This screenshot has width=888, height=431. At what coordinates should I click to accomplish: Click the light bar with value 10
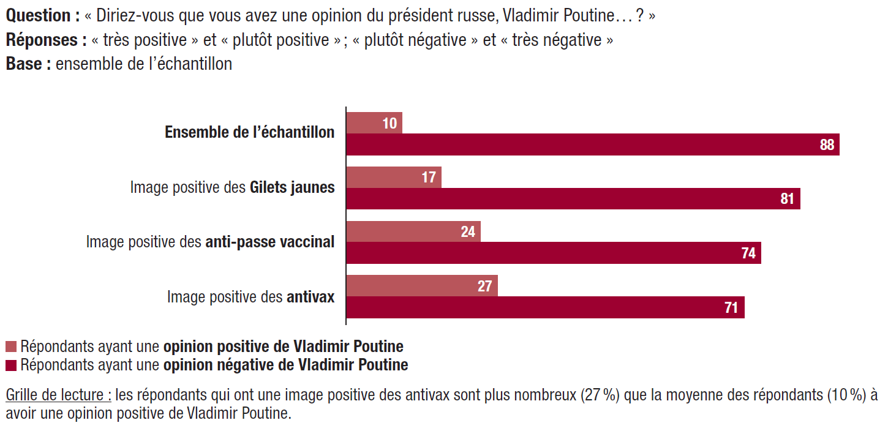(374, 123)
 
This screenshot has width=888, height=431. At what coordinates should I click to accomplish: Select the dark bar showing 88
(592, 144)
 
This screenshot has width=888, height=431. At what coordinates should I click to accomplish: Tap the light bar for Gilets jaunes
(394, 178)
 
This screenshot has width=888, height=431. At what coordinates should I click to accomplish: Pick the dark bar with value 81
(573, 199)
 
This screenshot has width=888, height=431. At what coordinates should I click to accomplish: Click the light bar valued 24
(413, 232)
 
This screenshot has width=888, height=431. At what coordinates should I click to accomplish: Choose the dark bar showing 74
(553, 253)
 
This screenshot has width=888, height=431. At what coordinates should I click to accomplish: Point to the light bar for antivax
(422, 286)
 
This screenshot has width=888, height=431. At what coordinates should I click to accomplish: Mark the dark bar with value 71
(545, 307)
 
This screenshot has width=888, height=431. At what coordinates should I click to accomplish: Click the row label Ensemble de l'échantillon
(249, 133)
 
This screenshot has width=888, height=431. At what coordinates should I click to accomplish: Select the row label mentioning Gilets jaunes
(232, 187)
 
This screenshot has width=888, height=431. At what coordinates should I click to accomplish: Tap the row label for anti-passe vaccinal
(210, 242)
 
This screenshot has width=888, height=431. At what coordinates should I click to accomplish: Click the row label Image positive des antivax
(250, 297)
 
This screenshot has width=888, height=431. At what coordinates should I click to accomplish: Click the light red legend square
(11, 347)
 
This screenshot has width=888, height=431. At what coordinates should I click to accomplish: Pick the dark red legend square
(11, 365)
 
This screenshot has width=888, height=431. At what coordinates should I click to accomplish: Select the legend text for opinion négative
(214, 365)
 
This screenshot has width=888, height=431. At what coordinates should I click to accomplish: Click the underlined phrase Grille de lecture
(58, 395)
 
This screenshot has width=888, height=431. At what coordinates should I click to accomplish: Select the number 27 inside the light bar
(484, 287)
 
